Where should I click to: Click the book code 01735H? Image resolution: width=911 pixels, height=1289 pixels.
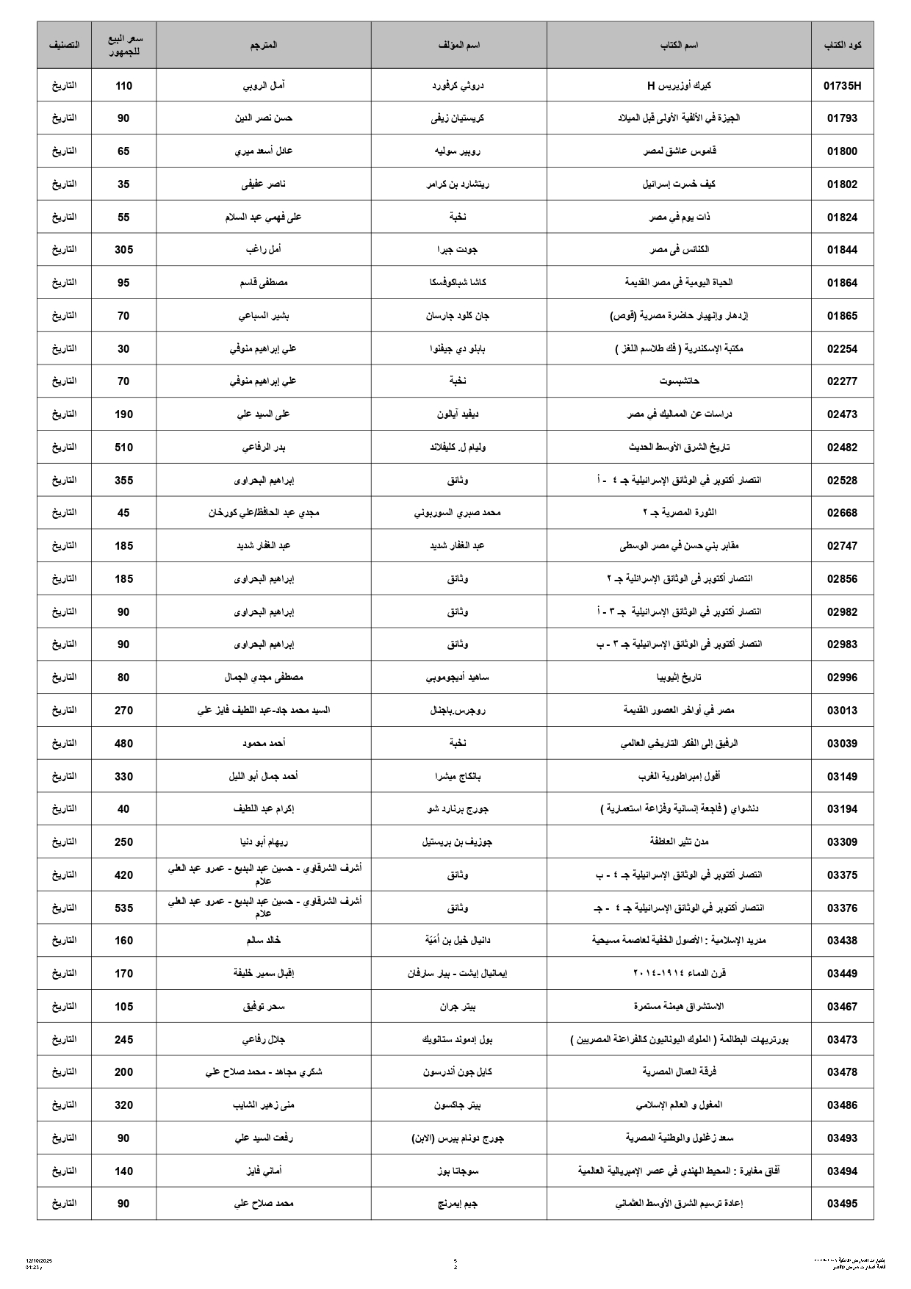pyautogui.click(x=842, y=86)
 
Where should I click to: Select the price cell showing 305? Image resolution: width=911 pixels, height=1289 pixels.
pyautogui.click(x=123, y=250)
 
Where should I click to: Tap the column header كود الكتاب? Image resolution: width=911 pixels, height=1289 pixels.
pyautogui.click(x=842, y=46)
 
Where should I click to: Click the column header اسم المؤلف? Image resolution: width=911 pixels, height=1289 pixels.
pyautogui.click(x=458, y=46)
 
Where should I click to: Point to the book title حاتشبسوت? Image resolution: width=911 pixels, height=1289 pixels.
pyautogui.click(x=679, y=381)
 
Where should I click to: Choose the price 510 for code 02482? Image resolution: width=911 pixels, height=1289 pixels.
pyautogui.click(x=123, y=447)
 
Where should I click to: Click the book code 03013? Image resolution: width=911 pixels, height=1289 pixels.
pyautogui.click(x=842, y=711)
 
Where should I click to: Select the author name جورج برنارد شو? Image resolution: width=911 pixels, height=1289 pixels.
pyautogui.click(x=458, y=809)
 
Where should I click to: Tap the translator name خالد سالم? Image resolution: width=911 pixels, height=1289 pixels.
pyautogui.click(x=264, y=941)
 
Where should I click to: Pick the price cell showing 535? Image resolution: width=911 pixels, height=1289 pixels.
pyautogui.click(x=123, y=908)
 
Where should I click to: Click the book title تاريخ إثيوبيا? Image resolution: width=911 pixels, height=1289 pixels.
pyautogui.click(x=679, y=678)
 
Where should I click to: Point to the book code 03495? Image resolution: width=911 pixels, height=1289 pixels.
pyautogui.click(x=842, y=1204)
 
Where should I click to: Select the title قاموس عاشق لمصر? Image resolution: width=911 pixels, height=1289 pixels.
pyautogui.click(x=679, y=151)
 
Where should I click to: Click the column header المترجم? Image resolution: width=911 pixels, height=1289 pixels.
pyautogui.click(x=264, y=46)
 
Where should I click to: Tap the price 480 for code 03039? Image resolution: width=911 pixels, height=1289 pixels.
pyautogui.click(x=123, y=744)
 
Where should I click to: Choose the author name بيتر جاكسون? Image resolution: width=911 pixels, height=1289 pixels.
pyautogui.click(x=458, y=1105)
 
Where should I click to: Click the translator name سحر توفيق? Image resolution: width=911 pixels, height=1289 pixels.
pyautogui.click(x=264, y=1007)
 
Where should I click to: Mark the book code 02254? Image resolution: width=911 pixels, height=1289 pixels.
pyautogui.click(x=842, y=349)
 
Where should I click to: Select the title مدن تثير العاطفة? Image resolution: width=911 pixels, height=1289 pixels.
pyautogui.click(x=679, y=842)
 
